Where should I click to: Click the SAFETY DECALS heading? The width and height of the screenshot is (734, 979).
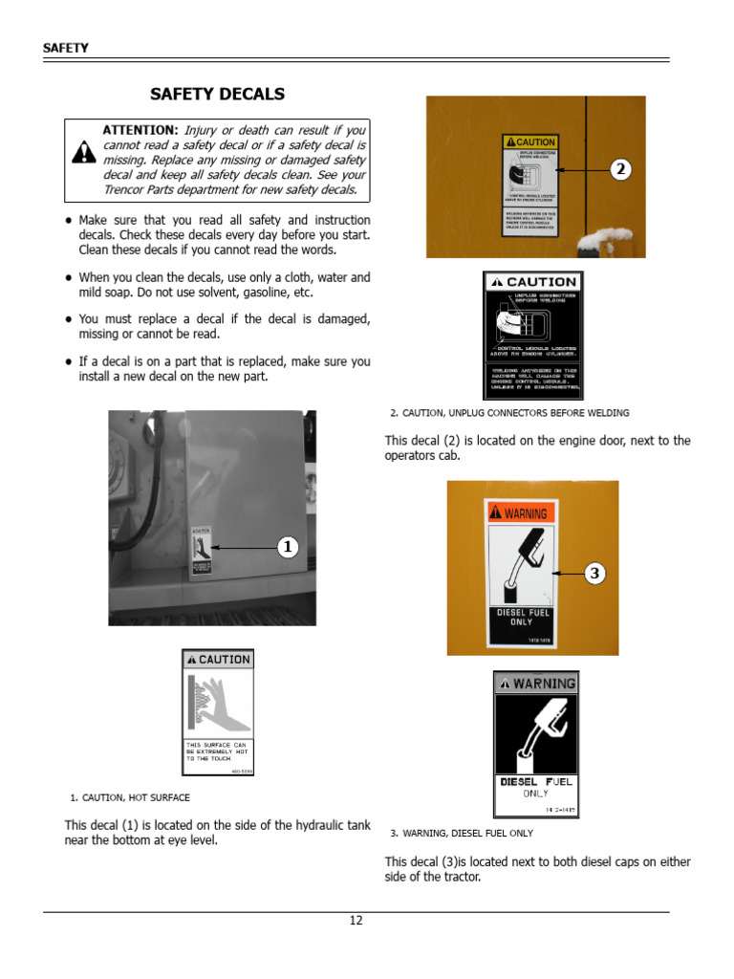click(217, 94)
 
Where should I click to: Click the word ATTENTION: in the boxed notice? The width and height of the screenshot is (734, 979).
click(140, 129)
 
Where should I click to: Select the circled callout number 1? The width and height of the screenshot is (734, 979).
click(288, 547)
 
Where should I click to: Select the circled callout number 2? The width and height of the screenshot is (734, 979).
click(621, 169)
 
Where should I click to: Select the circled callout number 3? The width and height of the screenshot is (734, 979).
click(594, 574)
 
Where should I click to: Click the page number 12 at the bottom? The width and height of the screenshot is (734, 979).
click(356, 921)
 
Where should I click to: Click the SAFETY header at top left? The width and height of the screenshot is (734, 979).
click(65, 48)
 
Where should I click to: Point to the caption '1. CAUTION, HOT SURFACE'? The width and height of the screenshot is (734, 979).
click(130, 797)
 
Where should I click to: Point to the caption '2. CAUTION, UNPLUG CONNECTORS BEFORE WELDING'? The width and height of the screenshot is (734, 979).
click(509, 413)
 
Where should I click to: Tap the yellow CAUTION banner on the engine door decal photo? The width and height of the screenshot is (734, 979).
click(529, 142)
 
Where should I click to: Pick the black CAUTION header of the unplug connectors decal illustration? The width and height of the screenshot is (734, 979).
click(532, 282)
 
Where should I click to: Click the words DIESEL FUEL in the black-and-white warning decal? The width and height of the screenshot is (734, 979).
click(536, 781)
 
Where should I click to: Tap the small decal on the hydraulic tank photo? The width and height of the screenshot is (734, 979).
click(202, 551)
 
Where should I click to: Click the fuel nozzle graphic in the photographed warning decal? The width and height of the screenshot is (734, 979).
click(521, 564)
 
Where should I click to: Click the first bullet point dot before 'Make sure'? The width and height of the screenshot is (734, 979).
click(68, 221)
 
